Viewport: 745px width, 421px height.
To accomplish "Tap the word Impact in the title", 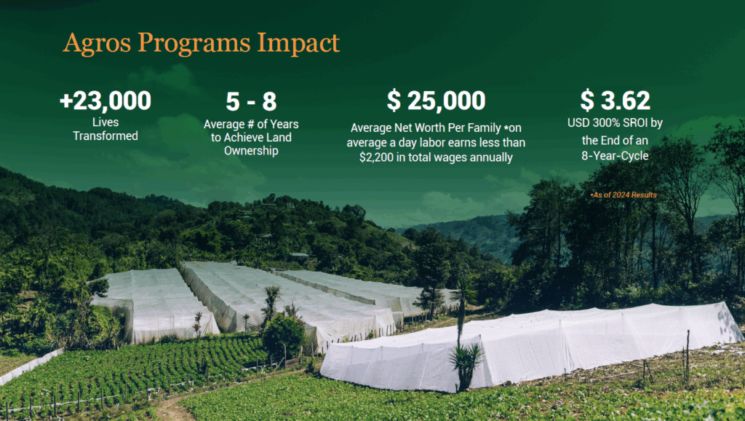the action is (x=298, y=43).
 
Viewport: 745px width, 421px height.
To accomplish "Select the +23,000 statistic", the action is (x=105, y=101).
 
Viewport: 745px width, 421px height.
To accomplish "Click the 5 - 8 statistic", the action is (x=251, y=101).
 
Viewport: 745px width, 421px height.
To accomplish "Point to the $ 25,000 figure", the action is (x=437, y=101).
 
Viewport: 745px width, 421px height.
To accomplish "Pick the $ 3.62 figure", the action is (x=615, y=101).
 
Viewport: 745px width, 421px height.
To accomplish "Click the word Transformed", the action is (x=105, y=136).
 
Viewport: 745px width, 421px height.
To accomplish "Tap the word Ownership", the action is (x=251, y=152).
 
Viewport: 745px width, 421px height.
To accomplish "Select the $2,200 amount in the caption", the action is (x=376, y=157).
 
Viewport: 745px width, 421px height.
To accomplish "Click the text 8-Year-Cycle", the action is (x=615, y=156).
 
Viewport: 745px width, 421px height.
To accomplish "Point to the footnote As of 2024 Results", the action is (x=624, y=194).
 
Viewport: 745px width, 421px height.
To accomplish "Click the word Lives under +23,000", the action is (x=105, y=122).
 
